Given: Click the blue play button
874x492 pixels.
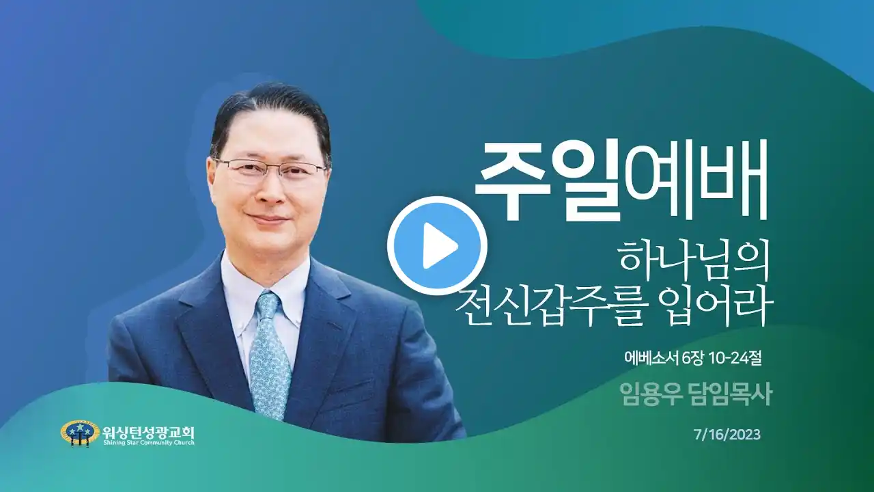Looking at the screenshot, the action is (x=437, y=246).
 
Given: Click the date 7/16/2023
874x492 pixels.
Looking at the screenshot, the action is (x=727, y=435).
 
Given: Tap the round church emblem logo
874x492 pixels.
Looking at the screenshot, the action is (x=80, y=433).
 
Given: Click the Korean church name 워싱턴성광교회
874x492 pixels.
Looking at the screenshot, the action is (x=149, y=432).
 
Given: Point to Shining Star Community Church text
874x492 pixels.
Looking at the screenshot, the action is (x=149, y=443).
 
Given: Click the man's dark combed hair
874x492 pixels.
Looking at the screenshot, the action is (x=269, y=113).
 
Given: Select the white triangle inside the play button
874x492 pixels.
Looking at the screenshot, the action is (x=439, y=246).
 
